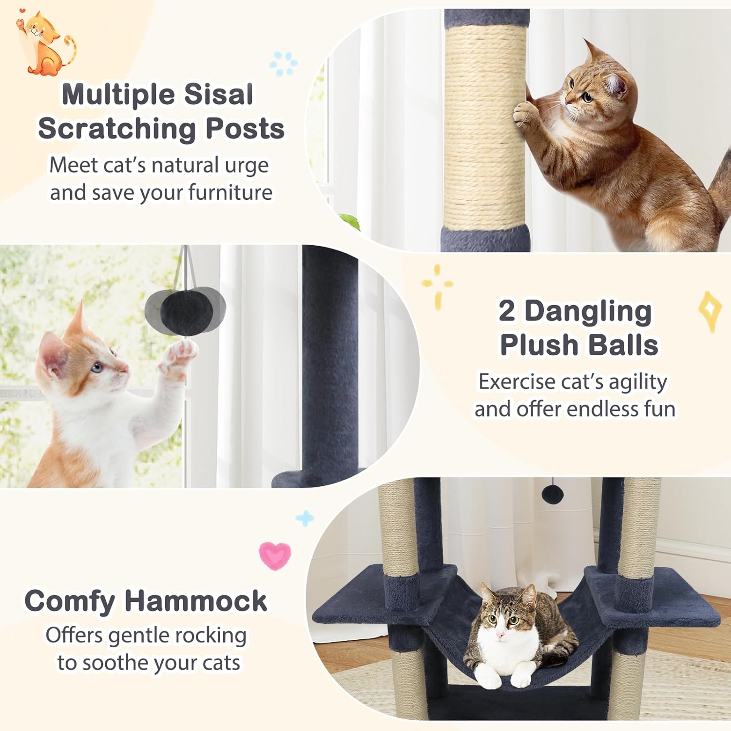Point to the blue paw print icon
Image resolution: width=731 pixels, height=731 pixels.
pos(284,63)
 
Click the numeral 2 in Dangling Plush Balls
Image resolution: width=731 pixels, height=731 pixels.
pos(507,311)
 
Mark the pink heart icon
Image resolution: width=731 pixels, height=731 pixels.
pos(275,555)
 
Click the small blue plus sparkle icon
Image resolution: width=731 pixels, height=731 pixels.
pos(305,519)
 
